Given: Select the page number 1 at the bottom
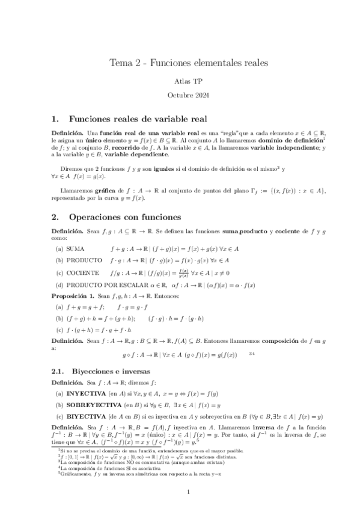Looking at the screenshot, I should coord(188,493).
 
